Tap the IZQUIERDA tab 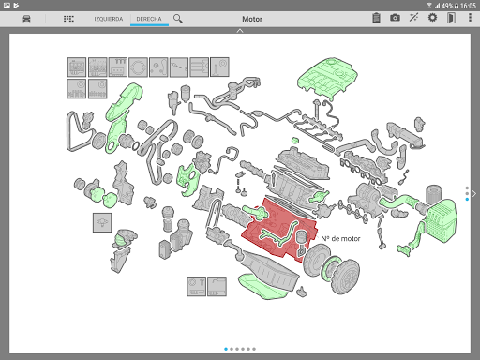109,19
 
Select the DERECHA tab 149,19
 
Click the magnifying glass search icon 178,19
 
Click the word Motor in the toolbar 252,19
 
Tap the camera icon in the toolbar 395,18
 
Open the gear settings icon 432,18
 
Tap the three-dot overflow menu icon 470,18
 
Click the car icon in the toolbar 26,19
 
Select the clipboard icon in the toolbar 377,18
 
